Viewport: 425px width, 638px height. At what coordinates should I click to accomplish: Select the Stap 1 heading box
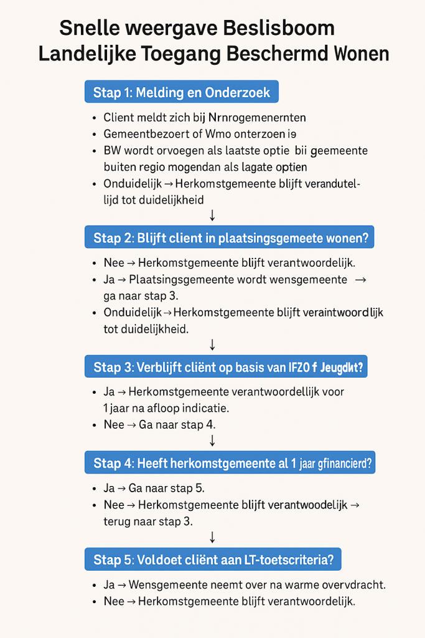[x=181, y=92]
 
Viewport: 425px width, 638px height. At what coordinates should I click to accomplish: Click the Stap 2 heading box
[x=229, y=237]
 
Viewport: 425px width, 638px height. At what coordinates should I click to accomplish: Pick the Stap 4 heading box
[x=229, y=463]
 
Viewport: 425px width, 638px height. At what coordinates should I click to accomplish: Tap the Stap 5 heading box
[x=213, y=559]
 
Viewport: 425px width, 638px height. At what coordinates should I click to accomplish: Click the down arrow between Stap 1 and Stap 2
[x=213, y=215]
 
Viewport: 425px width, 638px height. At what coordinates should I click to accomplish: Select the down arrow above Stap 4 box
[x=213, y=440]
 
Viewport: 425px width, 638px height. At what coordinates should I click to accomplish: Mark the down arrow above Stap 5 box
[x=213, y=536]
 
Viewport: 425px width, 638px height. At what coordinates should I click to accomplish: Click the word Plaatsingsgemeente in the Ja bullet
[x=185, y=280]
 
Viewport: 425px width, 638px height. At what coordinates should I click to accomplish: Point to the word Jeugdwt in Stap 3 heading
[x=343, y=368]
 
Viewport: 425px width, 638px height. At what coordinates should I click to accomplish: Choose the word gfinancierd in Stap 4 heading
[x=342, y=464]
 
